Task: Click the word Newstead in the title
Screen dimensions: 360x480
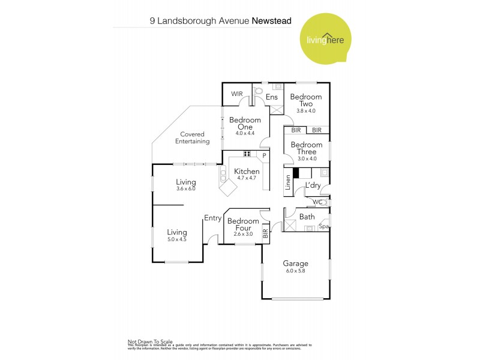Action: click(x=271, y=20)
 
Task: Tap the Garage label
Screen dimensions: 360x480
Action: click(x=296, y=263)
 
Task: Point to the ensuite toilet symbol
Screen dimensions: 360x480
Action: click(x=259, y=92)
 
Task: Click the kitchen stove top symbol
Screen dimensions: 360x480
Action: click(x=247, y=154)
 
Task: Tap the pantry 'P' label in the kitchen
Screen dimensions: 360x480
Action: click(x=263, y=156)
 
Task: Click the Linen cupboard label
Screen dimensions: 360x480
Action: click(x=289, y=182)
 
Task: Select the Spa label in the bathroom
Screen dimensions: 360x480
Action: click(x=324, y=227)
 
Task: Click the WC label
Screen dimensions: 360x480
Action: click(x=317, y=202)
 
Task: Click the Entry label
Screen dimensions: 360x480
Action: click(x=212, y=218)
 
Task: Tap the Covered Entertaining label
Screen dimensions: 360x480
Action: click(x=192, y=138)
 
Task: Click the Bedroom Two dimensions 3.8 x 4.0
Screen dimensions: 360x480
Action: click(x=306, y=111)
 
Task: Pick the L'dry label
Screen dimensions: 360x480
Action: click(x=313, y=185)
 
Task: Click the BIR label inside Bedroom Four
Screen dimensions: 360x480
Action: click(x=265, y=234)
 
